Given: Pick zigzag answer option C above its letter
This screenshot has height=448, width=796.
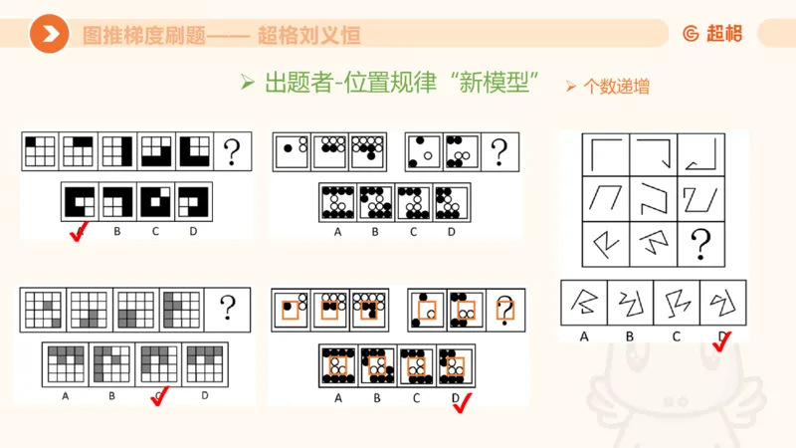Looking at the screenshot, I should (x=677, y=302).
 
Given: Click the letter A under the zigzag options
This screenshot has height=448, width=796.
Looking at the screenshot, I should (x=584, y=336).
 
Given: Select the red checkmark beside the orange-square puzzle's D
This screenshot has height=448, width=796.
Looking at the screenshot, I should (x=462, y=400).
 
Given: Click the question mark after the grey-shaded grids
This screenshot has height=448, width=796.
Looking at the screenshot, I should (x=227, y=309).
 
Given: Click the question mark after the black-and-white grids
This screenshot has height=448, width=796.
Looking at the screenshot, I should (x=231, y=152).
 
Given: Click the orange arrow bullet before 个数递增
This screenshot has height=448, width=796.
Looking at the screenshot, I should (x=571, y=87).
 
